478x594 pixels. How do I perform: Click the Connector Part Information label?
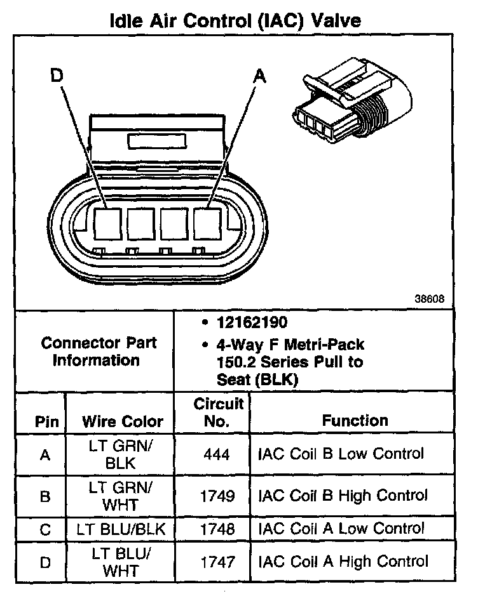(99, 352)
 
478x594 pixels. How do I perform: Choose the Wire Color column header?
(123, 421)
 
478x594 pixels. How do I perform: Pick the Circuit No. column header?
(218, 411)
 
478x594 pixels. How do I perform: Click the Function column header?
(355, 420)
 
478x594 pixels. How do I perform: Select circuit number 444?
(217, 455)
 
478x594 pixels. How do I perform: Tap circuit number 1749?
(217, 496)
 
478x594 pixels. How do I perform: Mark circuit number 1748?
(217, 529)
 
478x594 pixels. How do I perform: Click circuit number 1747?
(217, 562)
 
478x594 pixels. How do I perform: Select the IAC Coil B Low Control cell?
(341, 454)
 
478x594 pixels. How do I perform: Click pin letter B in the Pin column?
(44, 496)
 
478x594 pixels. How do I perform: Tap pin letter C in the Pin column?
(44, 529)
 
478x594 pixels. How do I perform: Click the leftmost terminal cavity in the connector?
(107, 223)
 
